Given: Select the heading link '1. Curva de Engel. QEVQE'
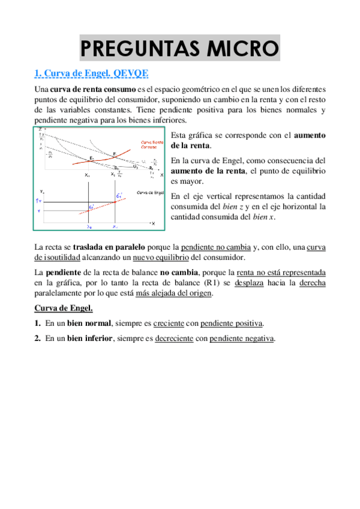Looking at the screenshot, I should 91,74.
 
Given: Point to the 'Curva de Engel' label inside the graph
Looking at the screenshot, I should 150,192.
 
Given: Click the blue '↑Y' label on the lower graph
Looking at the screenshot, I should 41,200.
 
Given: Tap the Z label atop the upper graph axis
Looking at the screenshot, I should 40,130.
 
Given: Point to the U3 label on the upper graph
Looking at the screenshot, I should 136,166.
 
